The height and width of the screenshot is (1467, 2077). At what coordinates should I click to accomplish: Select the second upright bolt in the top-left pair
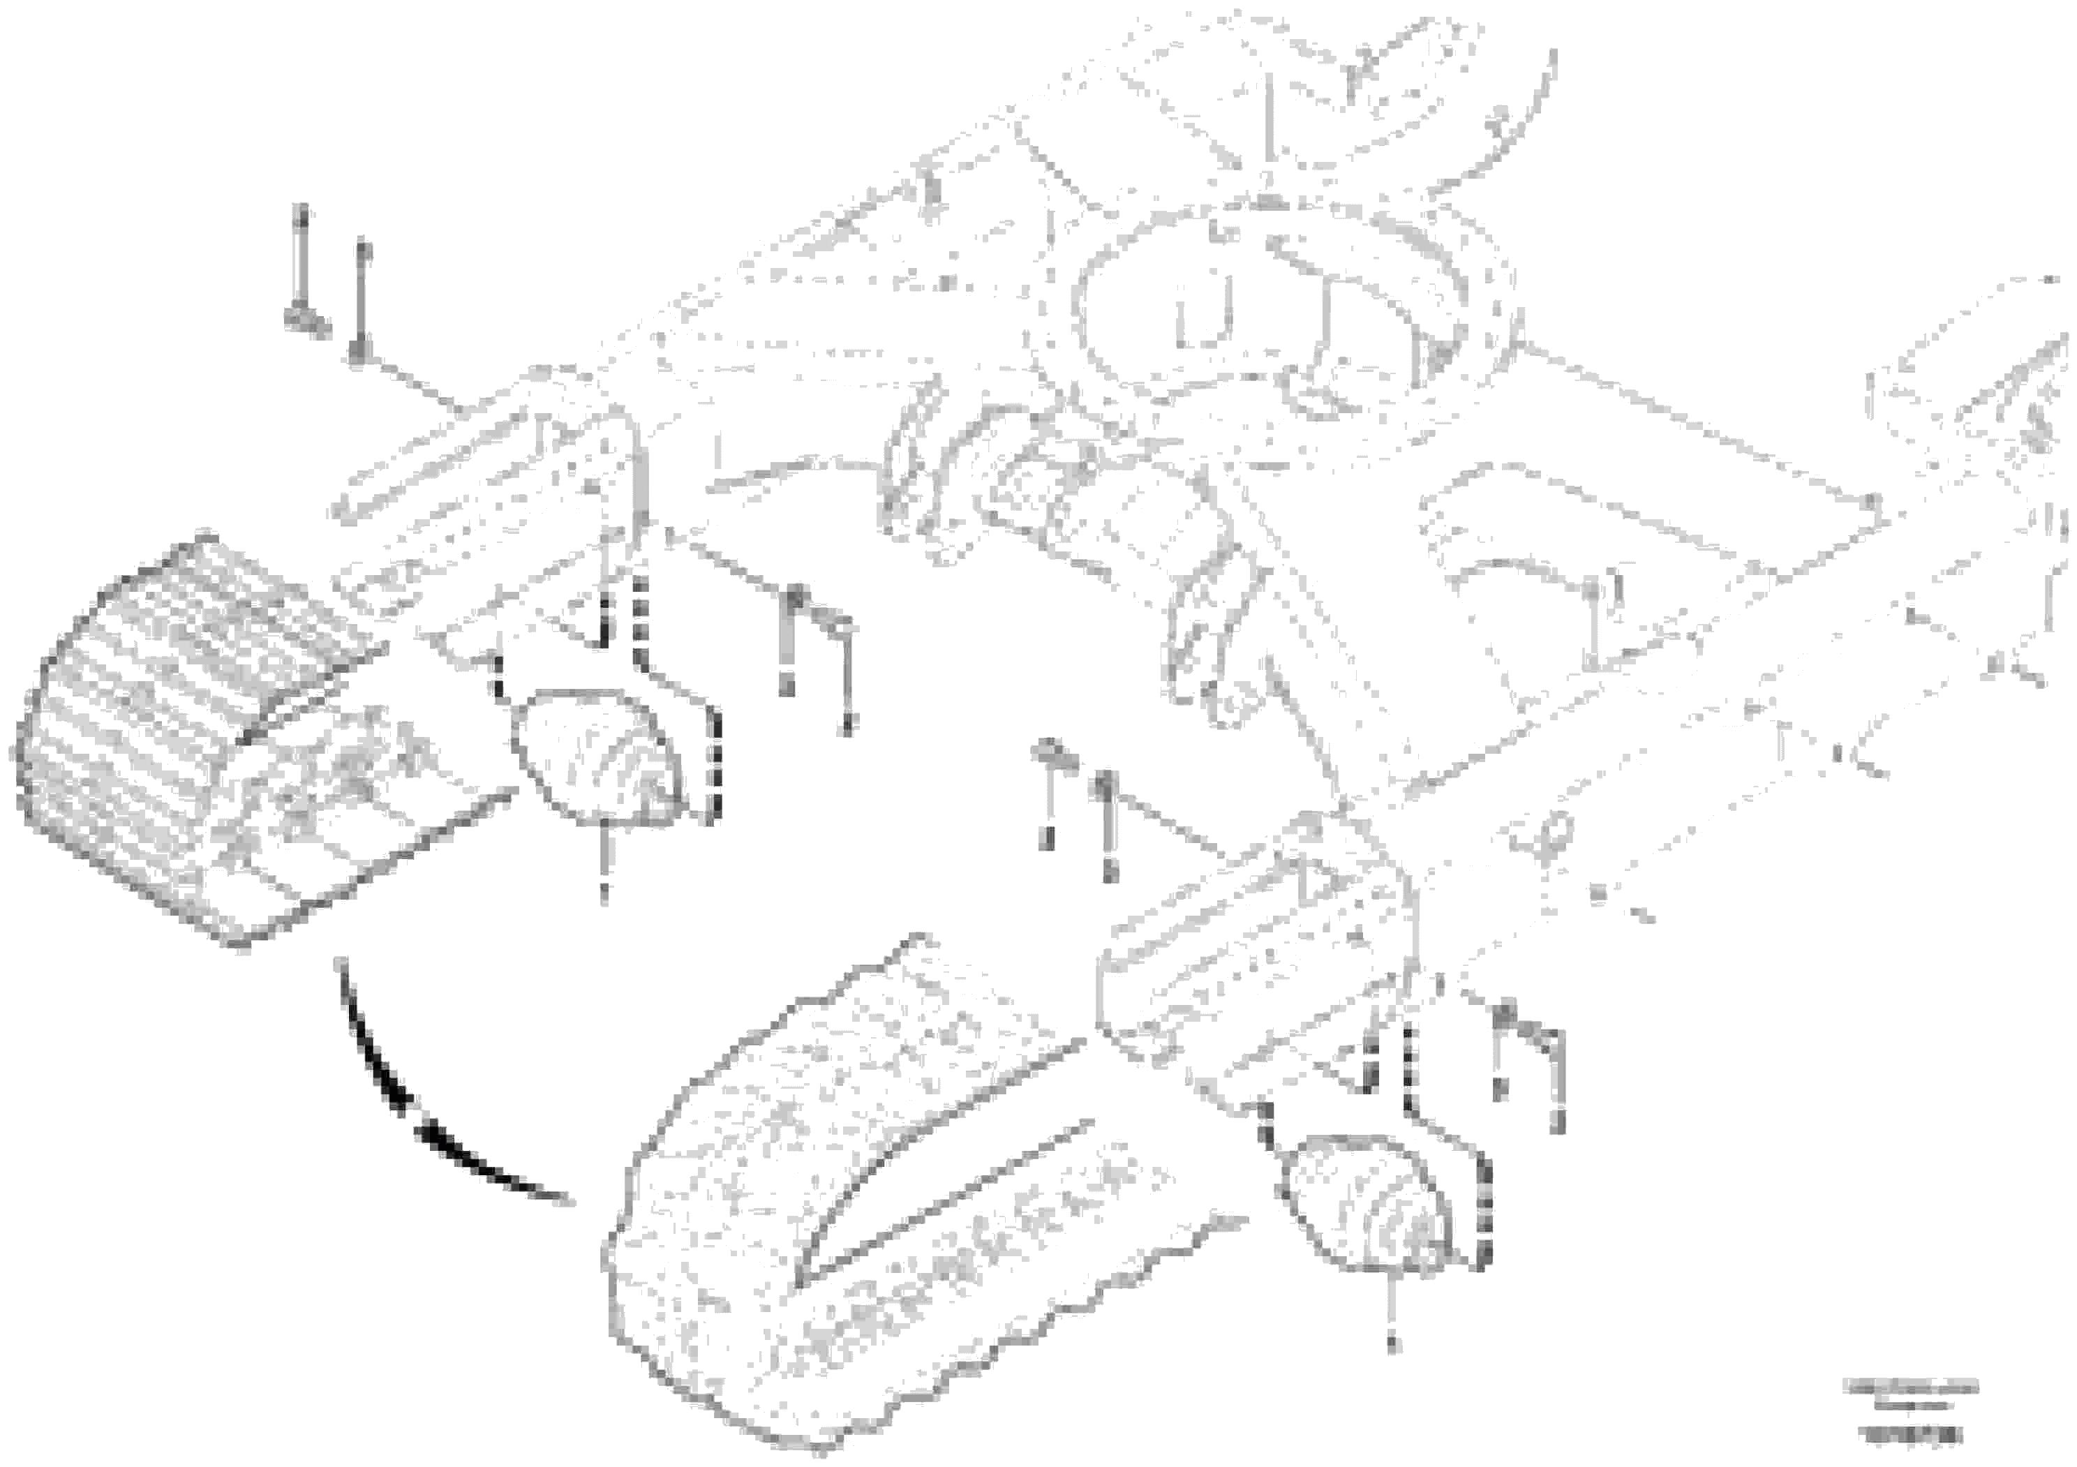(x=361, y=299)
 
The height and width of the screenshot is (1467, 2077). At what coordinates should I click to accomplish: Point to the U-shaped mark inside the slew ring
(x=1204, y=313)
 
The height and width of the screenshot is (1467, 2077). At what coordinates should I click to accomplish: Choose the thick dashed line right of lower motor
(x=1484, y=1212)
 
